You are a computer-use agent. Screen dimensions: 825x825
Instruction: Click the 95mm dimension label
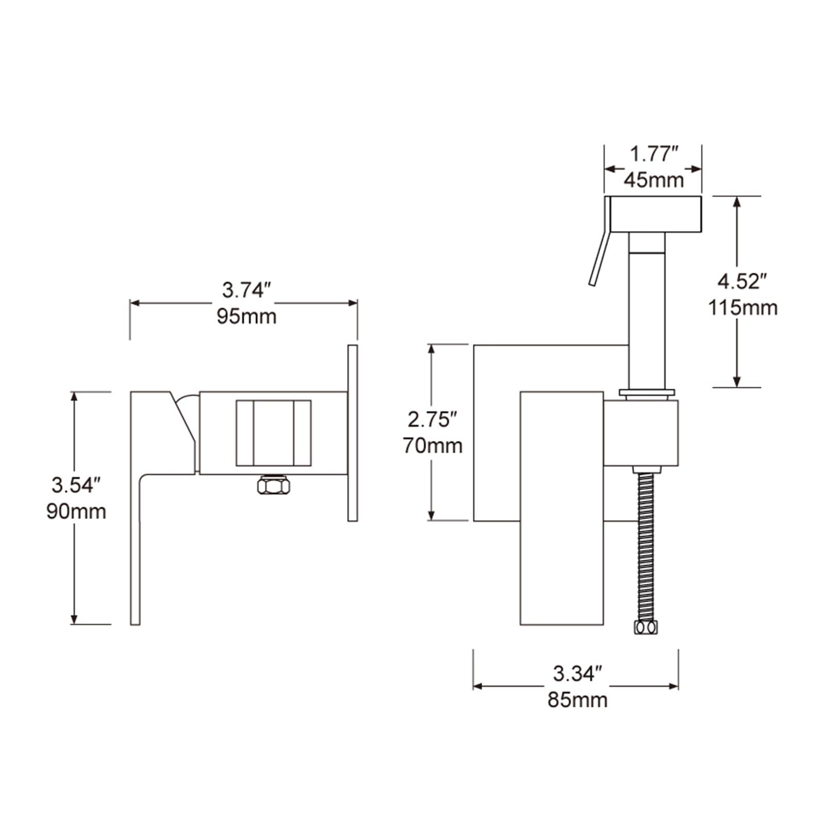246,316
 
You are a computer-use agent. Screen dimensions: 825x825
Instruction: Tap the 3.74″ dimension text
246,290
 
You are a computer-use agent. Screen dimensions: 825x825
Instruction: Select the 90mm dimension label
76,511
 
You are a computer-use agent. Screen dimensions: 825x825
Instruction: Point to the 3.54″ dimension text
76,485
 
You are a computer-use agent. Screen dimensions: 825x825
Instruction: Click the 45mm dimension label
654,179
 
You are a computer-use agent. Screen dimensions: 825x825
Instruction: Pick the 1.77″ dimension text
654,154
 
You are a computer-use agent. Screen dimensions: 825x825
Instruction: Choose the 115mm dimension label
742,308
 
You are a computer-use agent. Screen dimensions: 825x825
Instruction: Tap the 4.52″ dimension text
742,282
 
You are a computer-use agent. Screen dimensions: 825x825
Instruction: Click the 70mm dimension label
433,445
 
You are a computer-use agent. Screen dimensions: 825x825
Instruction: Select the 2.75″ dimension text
433,420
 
